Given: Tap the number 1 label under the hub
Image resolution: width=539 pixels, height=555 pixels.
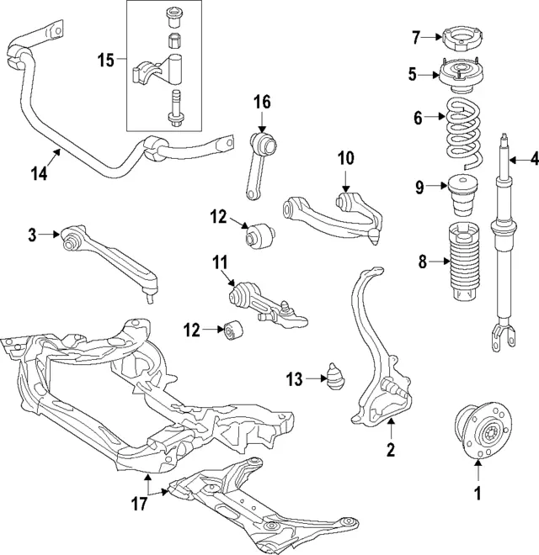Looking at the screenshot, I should point(478,494).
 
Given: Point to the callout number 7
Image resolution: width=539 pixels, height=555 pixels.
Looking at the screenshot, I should point(415,37).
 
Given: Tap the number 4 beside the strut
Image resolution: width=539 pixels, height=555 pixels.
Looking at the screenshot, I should point(532,157).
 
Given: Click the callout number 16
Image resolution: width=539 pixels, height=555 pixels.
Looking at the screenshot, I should point(262,103).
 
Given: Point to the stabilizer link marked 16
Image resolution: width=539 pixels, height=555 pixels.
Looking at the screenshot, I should point(264,164).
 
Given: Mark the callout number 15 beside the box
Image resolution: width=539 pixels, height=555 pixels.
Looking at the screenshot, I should point(105,60).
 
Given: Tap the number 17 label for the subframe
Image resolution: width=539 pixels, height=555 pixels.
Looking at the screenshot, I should point(139,504).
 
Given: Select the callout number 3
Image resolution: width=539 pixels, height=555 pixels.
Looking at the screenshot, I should point(32,235).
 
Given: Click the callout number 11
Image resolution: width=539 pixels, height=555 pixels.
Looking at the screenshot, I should point(220,262).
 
